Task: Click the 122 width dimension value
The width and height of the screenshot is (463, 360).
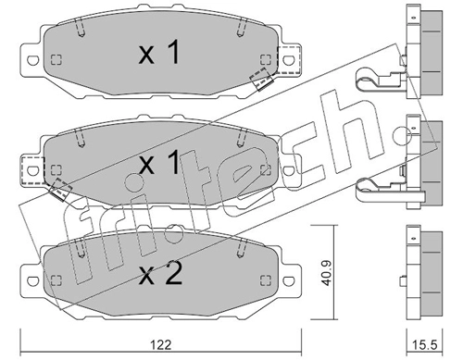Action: click(x=161, y=344)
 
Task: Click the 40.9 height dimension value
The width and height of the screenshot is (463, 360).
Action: click(x=327, y=273)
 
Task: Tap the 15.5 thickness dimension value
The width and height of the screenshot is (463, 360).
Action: click(x=425, y=345)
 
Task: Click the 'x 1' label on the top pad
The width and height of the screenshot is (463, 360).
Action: click(x=158, y=53)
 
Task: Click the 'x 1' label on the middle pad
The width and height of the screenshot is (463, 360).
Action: click(x=158, y=162)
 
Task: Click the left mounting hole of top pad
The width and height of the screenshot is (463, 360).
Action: click(x=33, y=60)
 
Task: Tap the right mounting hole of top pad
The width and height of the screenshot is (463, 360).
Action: click(x=289, y=60)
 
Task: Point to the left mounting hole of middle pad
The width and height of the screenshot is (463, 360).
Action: click(x=33, y=170)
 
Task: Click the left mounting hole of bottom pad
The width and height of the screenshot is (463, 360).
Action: click(x=33, y=280)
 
